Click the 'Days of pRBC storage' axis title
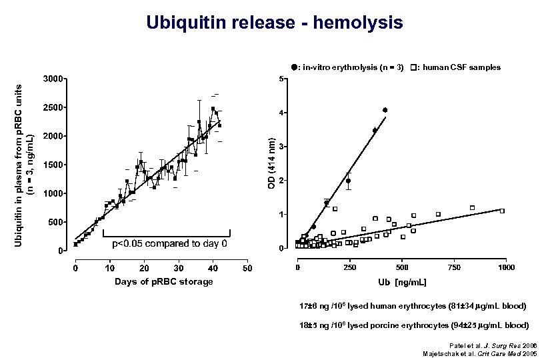click(x=163, y=281)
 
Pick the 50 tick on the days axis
click(x=247, y=268)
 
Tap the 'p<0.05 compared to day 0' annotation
click(x=169, y=243)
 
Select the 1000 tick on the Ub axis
click(x=505, y=267)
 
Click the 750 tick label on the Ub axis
click(x=453, y=267)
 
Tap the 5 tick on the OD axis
click(x=283, y=80)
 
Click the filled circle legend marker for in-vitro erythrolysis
click(x=293, y=67)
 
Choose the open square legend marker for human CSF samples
click(x=415, y=67)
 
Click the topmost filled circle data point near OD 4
click(x=385, y=110)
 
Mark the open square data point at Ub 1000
click(x=502, y=211)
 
